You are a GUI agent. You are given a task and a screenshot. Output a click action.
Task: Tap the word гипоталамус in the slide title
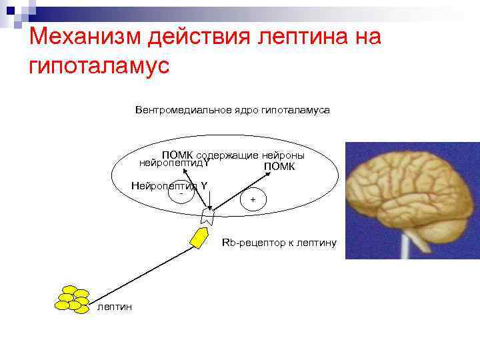tap(100, 66)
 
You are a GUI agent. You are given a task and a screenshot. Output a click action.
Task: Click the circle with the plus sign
tap(253, 199)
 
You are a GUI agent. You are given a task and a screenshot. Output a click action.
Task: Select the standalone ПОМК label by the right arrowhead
tap(279, 167)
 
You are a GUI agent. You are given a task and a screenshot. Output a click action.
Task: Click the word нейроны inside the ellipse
tap(286, 155)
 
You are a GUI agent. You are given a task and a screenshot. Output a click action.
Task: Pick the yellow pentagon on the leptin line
tap(199, 237)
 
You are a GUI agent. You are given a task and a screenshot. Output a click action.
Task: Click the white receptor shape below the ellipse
tap(207, 215)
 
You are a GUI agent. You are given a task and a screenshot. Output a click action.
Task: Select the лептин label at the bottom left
tap(115, 307)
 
